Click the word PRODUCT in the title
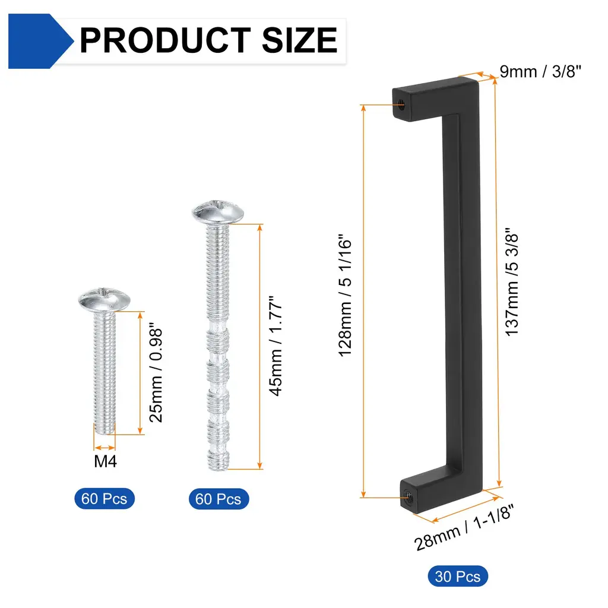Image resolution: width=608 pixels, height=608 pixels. click(x=165, y=40)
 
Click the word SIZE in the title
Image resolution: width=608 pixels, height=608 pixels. click(x=300, y=40)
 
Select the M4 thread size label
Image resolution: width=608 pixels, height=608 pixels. click(x=106, y=461)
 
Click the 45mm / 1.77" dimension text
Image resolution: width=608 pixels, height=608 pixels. click(x=275, y=346)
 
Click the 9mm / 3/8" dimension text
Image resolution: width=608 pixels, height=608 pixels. click(x=540, y=72)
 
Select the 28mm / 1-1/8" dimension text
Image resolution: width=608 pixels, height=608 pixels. click(x=464, y=528)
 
